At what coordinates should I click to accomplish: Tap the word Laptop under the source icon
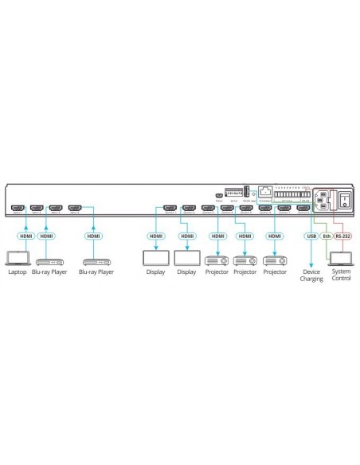tap(17, 272)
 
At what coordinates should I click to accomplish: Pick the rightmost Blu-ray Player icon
tap(96, 260)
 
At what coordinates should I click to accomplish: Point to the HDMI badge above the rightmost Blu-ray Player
tap(94, 236)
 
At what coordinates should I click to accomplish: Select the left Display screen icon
tap(154, 259)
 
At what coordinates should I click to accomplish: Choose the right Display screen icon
tap(187, 259)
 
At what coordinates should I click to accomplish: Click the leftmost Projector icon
tap(216, 260)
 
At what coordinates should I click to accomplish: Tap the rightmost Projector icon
tap(275, 260)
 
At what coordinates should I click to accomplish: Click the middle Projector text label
tap(245, 272)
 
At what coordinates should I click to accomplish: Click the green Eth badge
tap(326, 236)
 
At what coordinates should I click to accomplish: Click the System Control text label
tap(341, 275)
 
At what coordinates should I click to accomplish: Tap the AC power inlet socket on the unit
tap(326, 201)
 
